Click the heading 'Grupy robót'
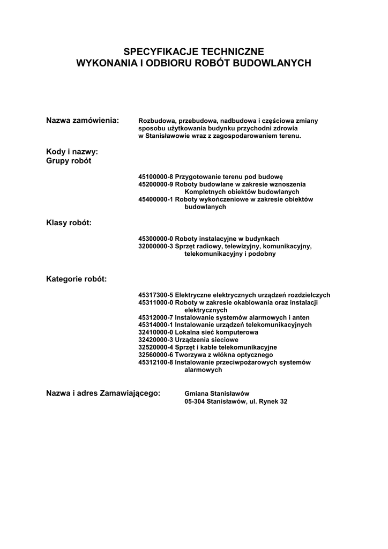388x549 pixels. tap(69, 161)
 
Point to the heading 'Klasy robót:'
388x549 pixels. tap(69, 222)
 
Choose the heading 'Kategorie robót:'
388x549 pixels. tap(76, 279)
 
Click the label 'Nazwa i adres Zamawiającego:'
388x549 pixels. tap(103, 393)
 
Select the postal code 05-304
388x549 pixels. tap(195, 401)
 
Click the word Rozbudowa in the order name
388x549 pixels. tap(155, 121)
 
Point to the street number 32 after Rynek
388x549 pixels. tap(283, 401)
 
